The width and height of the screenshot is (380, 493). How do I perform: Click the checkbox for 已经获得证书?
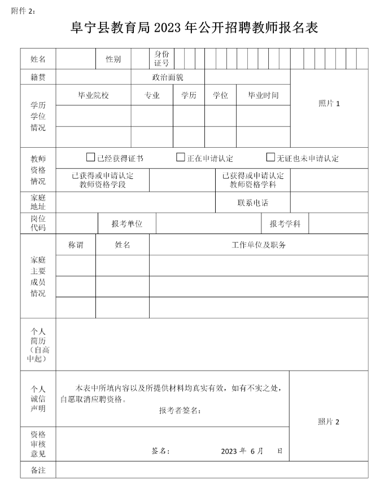90,157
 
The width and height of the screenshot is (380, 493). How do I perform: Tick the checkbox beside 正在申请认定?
181,157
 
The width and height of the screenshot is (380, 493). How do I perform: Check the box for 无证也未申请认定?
270,157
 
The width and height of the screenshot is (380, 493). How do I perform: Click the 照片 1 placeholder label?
329,103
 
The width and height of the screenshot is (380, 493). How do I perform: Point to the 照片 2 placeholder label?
329,422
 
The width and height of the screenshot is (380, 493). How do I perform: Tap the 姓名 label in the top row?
38,59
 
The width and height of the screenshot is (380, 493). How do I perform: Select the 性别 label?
113,59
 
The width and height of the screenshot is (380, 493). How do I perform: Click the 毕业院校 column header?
93,95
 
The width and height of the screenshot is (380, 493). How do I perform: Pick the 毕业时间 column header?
263,95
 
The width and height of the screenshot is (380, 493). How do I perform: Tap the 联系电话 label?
252,203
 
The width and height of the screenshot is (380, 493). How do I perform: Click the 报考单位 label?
127,224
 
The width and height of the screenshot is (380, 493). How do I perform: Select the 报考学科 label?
285,224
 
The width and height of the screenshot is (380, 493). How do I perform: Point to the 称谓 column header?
76,245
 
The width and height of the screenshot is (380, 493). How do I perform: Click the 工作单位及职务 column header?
259,245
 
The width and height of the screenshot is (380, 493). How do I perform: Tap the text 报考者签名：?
180,410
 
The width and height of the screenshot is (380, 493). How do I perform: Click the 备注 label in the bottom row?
38,470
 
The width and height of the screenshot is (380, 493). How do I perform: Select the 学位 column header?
220,95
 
